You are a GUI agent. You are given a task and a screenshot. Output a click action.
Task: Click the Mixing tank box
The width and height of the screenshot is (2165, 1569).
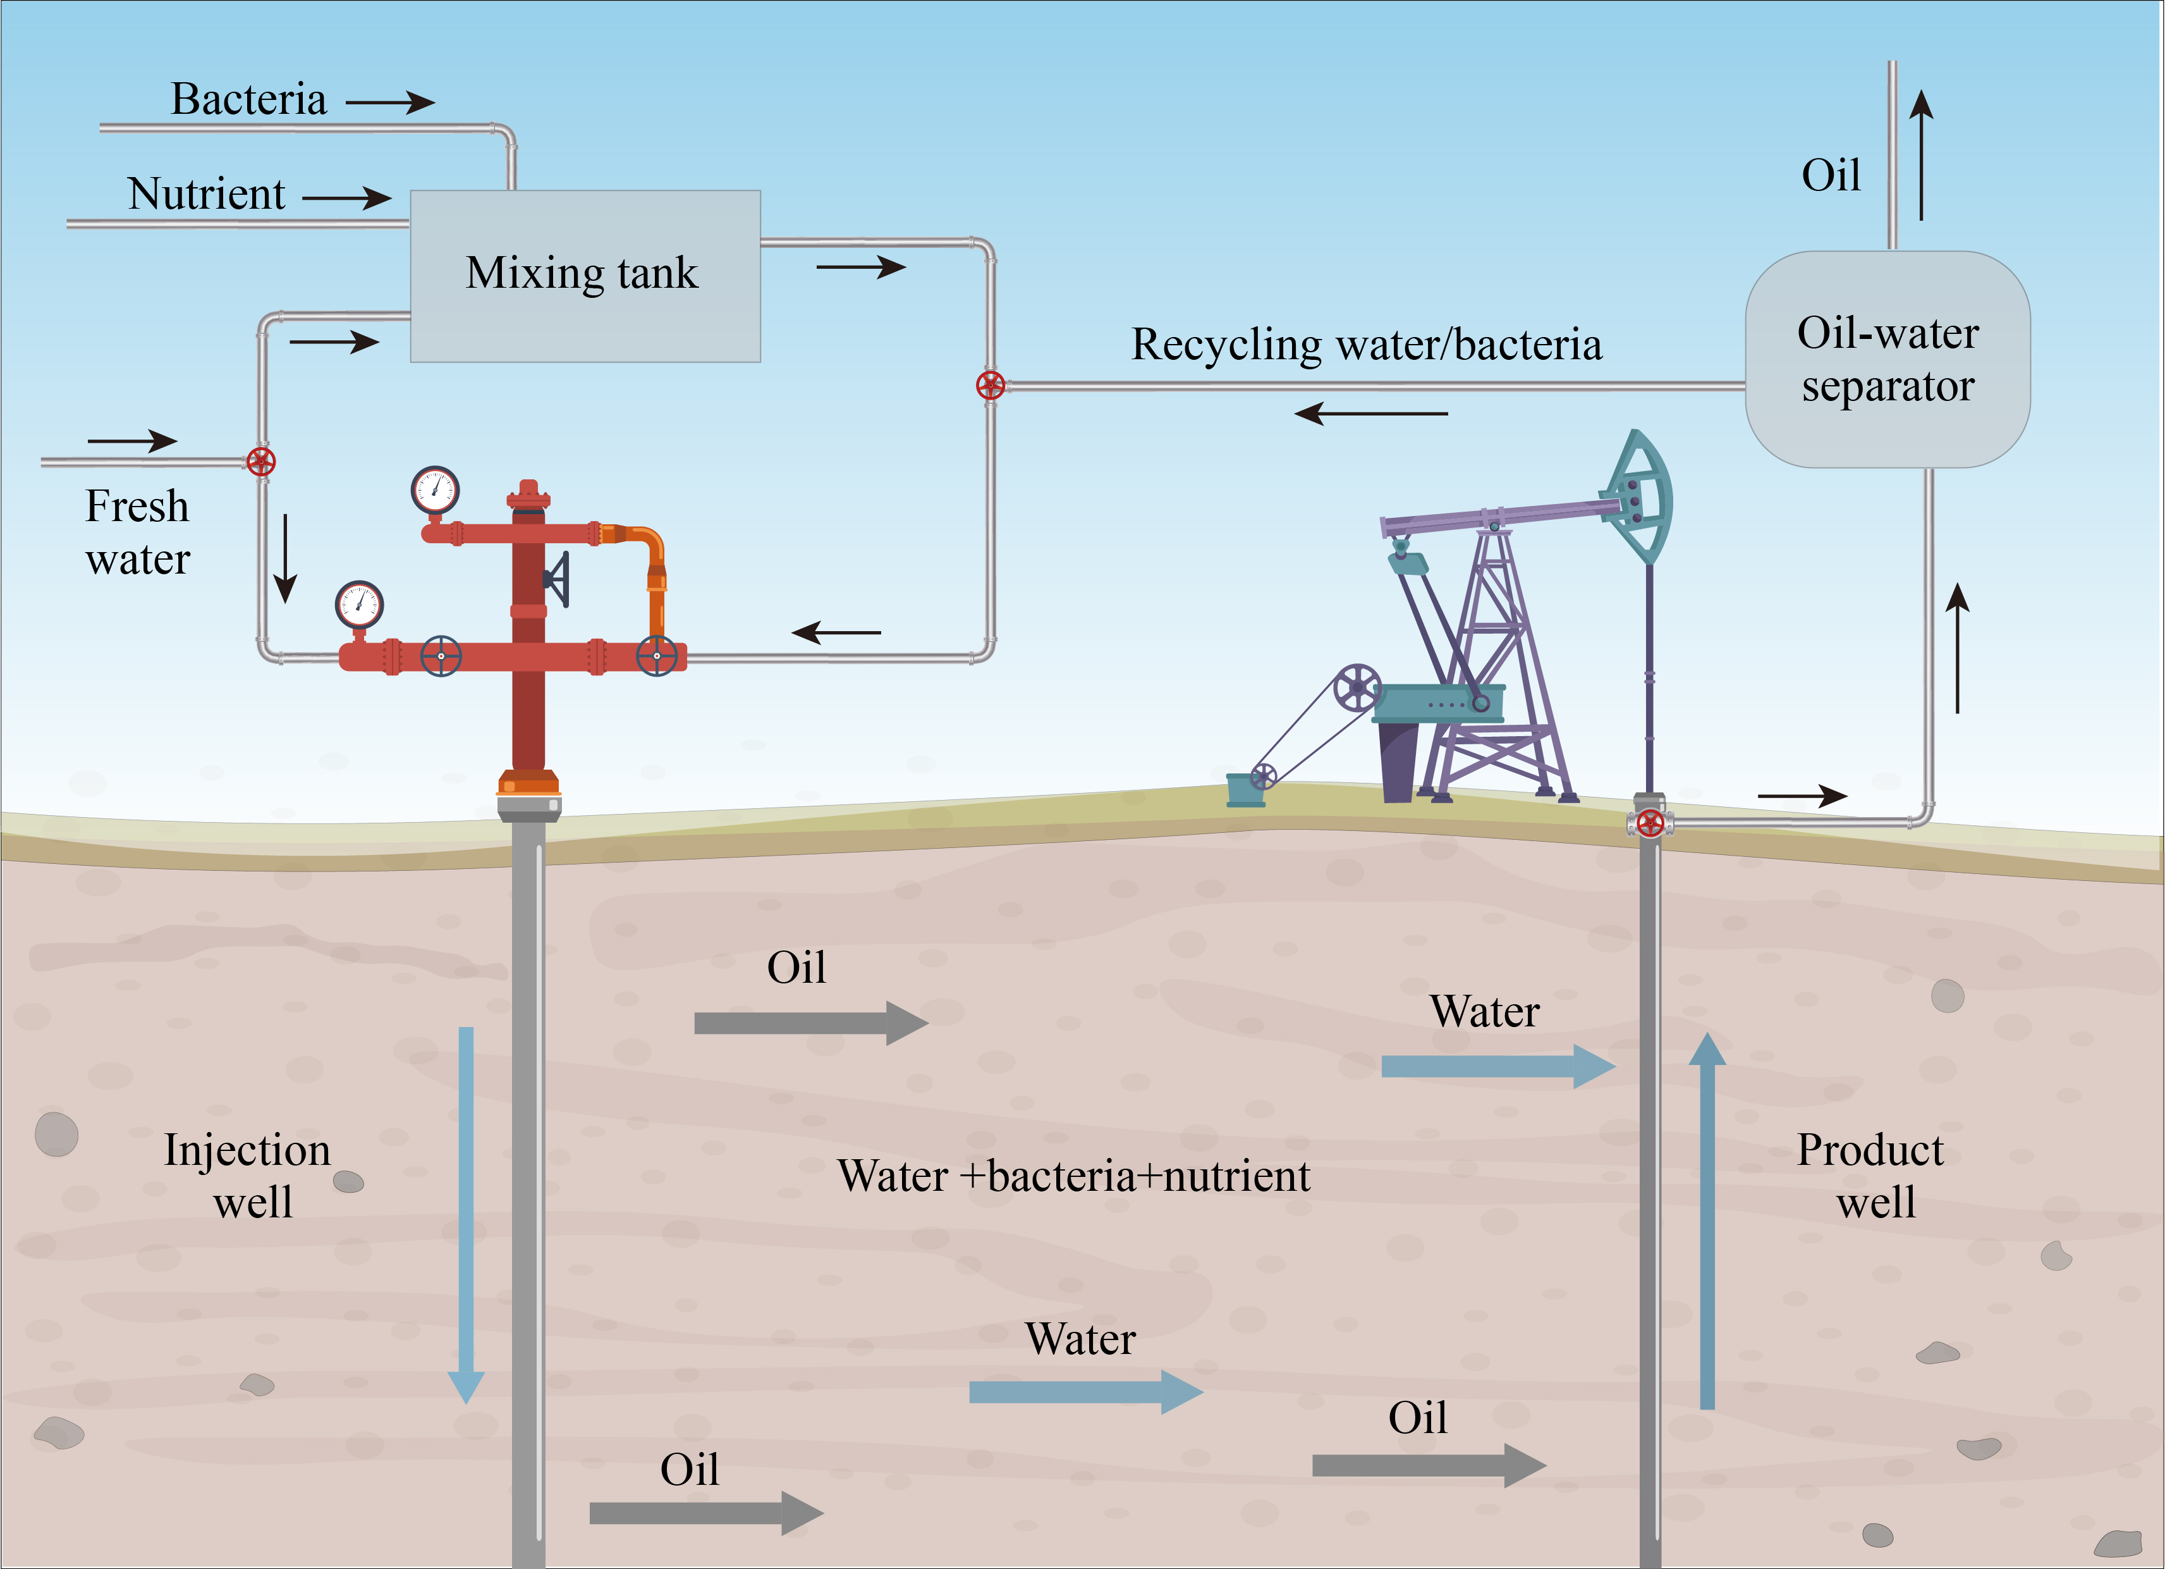click(x=585, y=276)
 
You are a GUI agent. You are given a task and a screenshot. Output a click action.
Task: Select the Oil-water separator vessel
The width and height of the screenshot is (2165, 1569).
click(x=1888, y=359)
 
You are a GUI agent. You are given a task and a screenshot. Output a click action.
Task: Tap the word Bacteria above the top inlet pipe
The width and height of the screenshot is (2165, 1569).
click(x=248, y=99)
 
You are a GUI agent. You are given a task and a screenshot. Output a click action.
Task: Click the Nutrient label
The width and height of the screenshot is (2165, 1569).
click(x=206, y=194)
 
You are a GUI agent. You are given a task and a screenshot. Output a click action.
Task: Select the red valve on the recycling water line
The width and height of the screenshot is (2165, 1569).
click(x=991, y=385)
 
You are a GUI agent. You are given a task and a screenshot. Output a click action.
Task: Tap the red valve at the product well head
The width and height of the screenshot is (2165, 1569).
click(x=1650, y=822)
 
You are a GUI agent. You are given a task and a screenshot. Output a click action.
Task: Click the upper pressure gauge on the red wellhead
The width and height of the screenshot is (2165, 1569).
click(x=436, y=491)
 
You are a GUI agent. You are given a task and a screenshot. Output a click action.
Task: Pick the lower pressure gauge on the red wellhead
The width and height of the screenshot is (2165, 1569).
click(x=359, y=605)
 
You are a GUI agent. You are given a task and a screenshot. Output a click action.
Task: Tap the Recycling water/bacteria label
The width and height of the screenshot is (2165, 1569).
click(x=1366, y=345)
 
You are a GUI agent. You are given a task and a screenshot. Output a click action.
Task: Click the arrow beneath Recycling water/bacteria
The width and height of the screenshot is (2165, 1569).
click(x=1371, y=414)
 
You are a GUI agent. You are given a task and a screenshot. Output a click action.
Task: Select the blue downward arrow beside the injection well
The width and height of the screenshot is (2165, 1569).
click(x=466, y=1215)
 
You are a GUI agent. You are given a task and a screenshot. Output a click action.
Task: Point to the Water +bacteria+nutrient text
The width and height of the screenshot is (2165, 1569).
click(x=1074, y=1176)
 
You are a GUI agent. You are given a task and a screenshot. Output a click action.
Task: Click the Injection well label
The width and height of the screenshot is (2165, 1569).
click(x=248, y=1176)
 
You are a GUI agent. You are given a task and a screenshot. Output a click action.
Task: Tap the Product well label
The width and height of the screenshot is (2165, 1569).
click(x=1871, y=1176)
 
